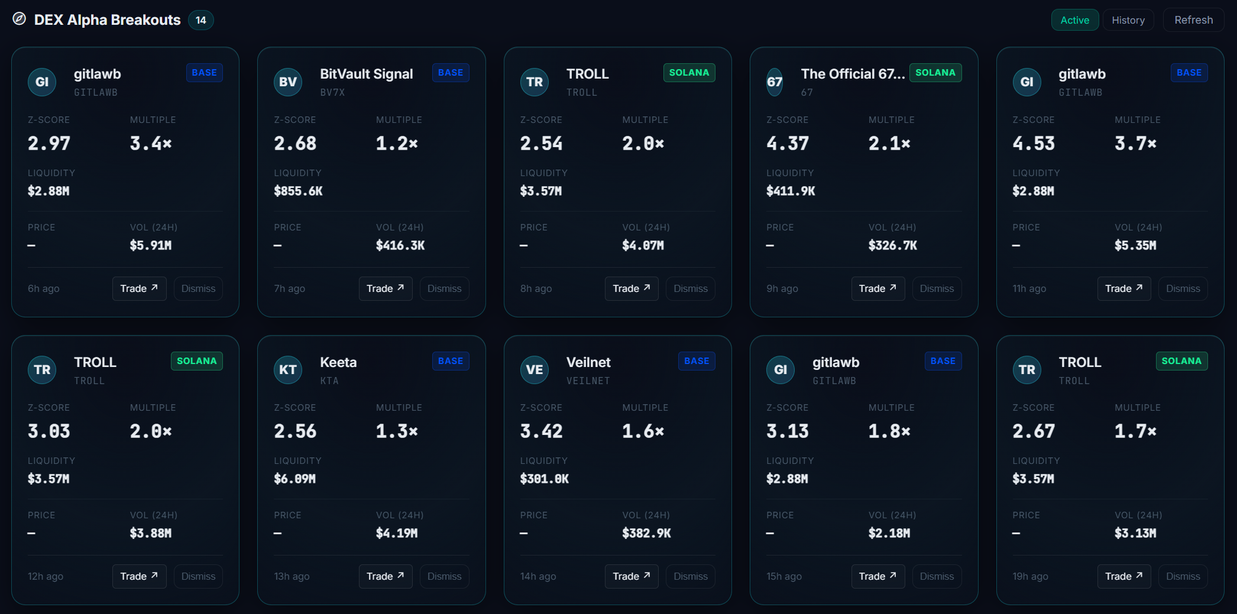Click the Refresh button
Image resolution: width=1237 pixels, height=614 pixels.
1193,20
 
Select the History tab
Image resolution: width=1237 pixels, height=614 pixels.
1128,20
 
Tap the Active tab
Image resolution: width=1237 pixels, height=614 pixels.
1074,20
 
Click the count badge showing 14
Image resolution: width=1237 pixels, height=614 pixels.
201,20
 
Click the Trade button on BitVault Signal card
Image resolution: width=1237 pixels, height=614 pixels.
386,288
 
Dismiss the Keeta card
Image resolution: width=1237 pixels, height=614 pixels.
444,576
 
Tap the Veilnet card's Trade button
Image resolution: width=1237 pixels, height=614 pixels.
632,576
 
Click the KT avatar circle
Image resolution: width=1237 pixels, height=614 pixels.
288,370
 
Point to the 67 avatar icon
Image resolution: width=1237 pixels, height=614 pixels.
775,82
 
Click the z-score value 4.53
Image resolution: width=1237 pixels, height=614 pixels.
1034,143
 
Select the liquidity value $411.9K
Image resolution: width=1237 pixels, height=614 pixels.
791,191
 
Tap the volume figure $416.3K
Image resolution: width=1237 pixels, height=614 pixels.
400,245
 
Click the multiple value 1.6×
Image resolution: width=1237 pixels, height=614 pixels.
643,431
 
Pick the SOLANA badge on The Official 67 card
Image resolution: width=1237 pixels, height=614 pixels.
935,73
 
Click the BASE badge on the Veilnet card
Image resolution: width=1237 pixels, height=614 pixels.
697,361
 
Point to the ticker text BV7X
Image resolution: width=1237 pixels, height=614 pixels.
332,93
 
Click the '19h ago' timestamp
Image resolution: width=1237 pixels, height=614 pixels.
1030,576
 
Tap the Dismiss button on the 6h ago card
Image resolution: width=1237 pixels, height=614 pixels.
198,288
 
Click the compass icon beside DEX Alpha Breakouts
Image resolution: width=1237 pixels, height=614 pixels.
20,19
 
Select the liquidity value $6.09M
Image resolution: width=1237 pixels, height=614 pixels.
294,479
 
